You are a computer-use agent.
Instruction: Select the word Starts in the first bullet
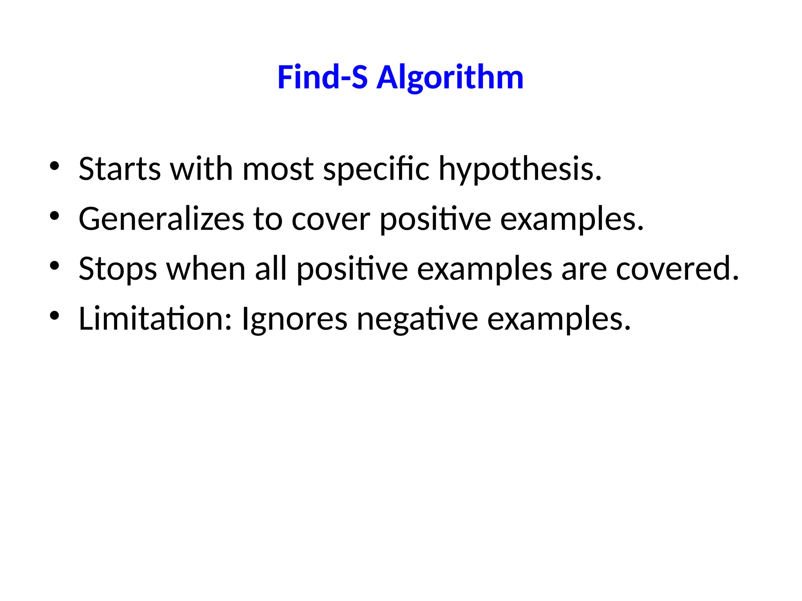click(x=119, y=169)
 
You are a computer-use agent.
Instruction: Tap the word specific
click(x=376, y=169)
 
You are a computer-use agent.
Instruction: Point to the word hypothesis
click(x=520, y=169)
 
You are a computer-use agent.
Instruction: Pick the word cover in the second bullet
click(x=331, y=219)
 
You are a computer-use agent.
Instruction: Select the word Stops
click(x=118, y=269)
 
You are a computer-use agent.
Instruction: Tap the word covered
click(x=677, y=269)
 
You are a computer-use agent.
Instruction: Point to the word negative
click(x=417, y=319)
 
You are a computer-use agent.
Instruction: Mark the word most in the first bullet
click(x=278, y=169)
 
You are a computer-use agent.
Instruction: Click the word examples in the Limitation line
click(x=559, y=319)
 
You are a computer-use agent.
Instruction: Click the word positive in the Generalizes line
click(x=435, y=219)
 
